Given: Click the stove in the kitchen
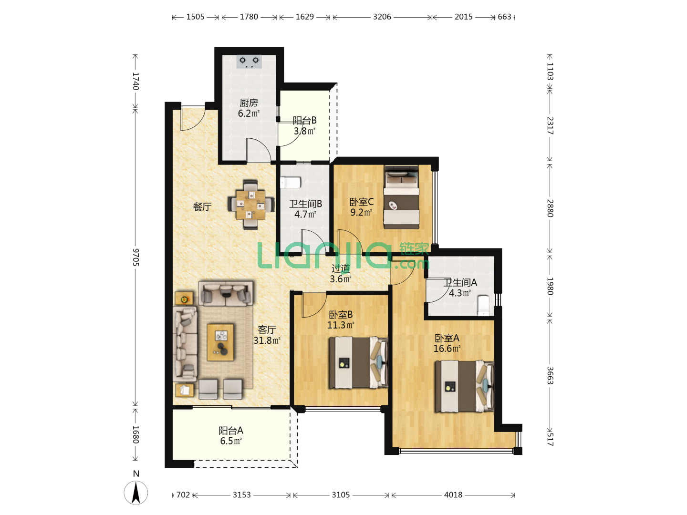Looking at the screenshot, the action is [249, 62].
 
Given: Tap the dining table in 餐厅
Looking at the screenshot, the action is [250, 205].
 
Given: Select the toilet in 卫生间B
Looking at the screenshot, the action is [291, 183].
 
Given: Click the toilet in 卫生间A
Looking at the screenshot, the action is [483, 306].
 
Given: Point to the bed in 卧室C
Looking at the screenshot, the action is [402, 197].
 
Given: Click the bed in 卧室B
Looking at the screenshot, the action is [358, 363].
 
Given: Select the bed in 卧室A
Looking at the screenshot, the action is [464, 386].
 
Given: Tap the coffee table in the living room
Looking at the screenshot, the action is [220, 342].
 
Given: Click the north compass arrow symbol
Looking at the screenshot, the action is [136, 493].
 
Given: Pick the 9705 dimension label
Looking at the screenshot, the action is [135, 257].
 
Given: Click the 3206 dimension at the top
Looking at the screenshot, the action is [382, 17].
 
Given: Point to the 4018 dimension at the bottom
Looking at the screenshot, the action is [453, 494].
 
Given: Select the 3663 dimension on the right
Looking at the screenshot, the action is [550, 376].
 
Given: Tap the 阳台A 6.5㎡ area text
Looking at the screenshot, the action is [231, 436].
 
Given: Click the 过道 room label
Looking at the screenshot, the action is [341, 268].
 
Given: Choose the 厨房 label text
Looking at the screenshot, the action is [249, 103].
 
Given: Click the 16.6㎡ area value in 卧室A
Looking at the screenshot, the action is [447, 349].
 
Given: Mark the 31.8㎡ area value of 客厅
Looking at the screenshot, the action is [267, 340].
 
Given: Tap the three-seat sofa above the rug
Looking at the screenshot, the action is [226, 293].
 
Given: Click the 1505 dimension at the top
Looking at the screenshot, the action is [195, 17].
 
